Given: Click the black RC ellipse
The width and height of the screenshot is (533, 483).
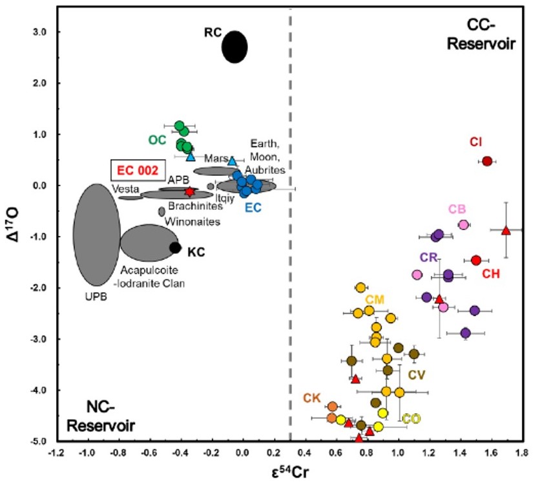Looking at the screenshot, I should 235,47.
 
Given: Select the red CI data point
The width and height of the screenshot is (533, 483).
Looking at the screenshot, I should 487,161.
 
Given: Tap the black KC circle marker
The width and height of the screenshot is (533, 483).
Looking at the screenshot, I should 174,247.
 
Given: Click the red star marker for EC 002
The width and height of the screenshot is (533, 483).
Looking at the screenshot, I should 189,191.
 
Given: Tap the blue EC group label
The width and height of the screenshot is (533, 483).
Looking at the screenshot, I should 253,207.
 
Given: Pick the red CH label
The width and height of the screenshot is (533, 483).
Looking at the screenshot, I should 492,274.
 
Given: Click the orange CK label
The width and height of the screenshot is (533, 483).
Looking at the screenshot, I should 313,398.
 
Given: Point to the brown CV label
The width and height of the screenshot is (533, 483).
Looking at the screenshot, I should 417,374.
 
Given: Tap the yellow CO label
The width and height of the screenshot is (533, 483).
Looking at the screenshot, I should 412,419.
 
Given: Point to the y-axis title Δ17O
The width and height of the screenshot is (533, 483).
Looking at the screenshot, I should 12,237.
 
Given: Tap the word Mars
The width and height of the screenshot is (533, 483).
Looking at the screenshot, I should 214,158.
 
